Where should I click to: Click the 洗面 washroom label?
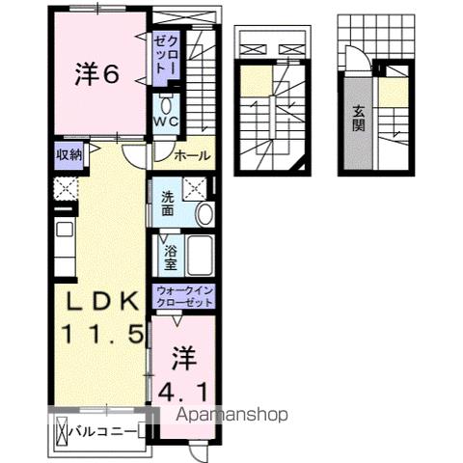click(168, 204)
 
